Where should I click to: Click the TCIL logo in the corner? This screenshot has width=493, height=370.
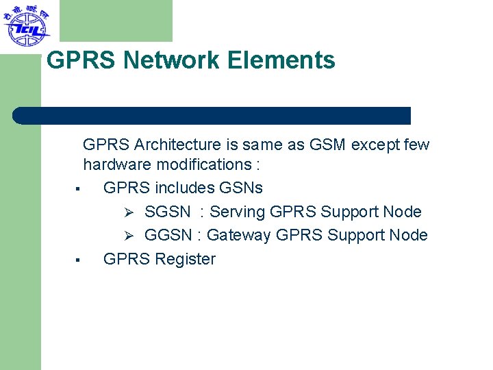(26, 25)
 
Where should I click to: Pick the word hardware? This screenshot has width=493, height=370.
(117, 164)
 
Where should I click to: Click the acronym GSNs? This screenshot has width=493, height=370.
(241, 188)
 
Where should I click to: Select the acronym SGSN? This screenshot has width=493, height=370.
(168, 212)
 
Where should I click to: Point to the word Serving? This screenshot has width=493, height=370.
(238, 212)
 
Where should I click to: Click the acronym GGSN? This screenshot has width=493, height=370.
(168, 235)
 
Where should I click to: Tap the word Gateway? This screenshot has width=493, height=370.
(238, 235)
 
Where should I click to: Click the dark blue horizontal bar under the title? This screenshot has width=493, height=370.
(212, 115)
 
